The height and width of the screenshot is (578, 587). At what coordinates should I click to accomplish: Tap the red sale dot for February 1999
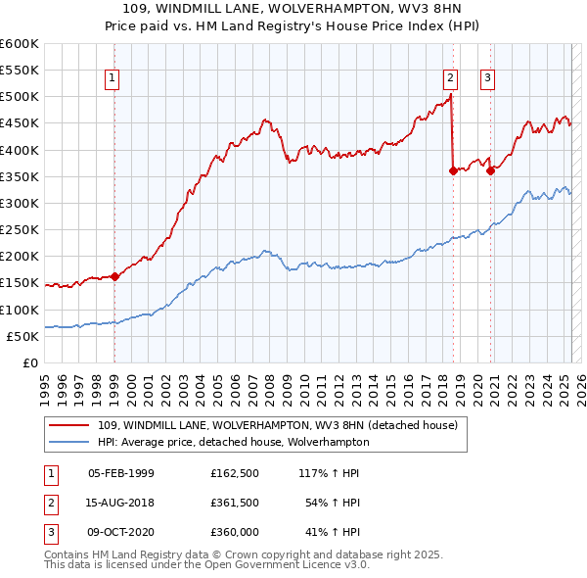(114, 276)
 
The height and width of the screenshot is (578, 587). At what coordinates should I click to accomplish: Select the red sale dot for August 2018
(453, 170)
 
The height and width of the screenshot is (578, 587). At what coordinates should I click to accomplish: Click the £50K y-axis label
(22, 336)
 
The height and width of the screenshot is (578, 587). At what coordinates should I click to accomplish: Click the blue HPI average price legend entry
(233, 442)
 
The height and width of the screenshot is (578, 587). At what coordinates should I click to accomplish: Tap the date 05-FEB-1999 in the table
(121, 473)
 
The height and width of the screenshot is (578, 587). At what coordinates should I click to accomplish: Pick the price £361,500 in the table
(235, 503)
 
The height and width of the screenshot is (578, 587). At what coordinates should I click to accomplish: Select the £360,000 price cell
(235, 532)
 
